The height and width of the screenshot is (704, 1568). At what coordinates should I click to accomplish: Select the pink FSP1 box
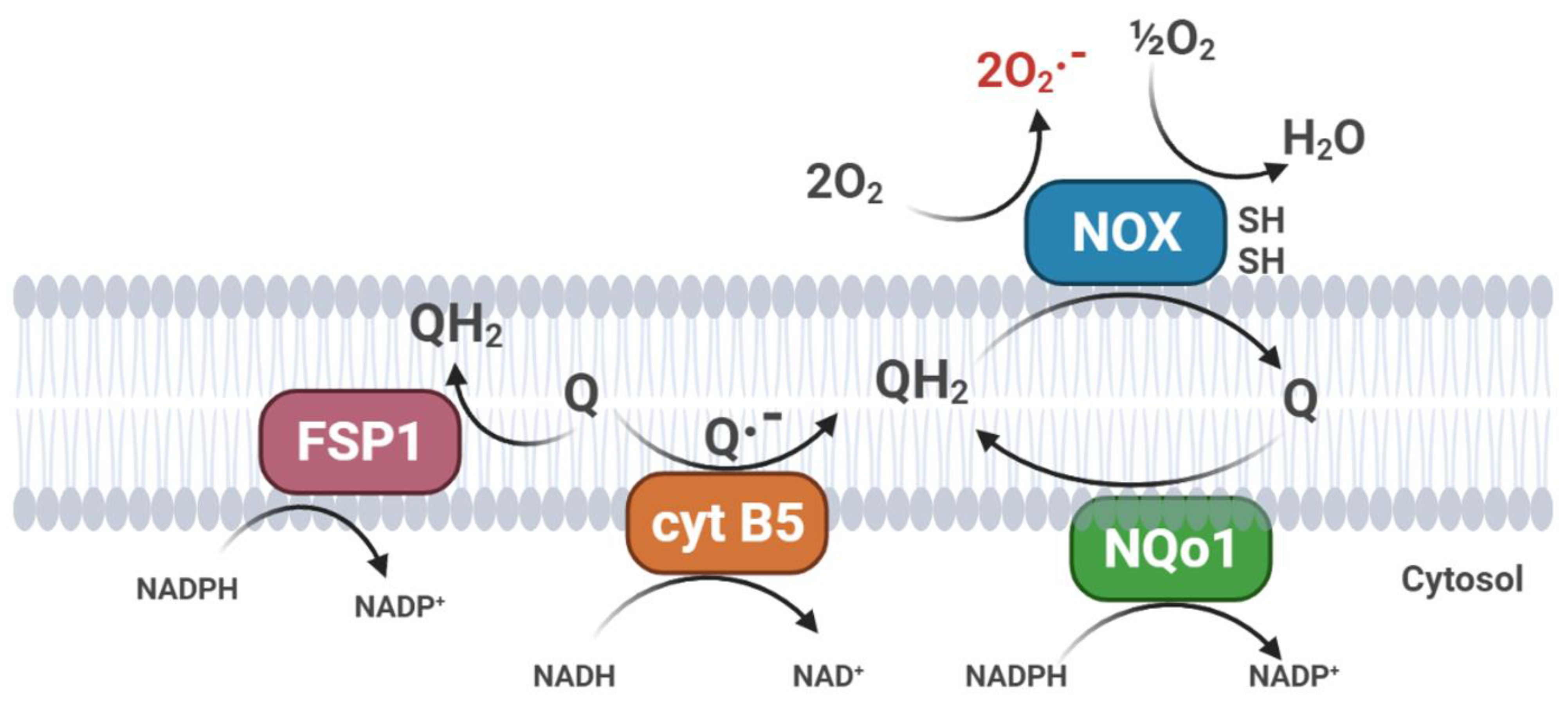point(359,441)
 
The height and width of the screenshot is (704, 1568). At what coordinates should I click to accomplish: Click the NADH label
point(574,676)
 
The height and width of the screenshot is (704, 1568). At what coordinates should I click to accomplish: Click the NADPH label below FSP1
point(187,589)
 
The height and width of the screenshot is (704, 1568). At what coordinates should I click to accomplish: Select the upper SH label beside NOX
point(1261,220)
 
